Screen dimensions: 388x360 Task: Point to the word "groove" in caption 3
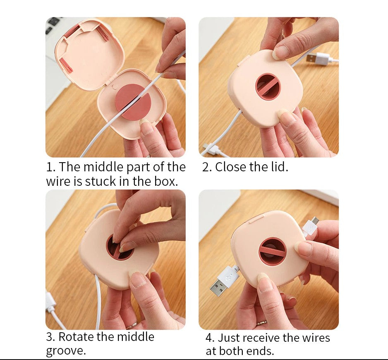[x=64, y=351]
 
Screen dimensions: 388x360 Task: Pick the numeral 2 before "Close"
[x=206, y=167]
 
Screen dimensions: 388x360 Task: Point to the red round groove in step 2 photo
[x=268, y=86]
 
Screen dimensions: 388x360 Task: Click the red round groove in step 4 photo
[x=272, y=251]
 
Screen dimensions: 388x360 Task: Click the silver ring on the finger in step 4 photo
[x=261, y=323]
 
